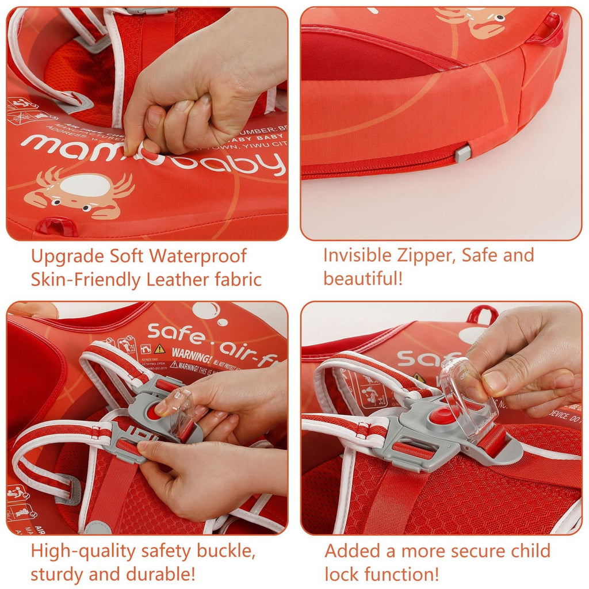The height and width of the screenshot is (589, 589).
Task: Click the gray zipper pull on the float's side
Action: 462,153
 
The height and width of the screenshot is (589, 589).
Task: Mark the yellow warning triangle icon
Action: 159,349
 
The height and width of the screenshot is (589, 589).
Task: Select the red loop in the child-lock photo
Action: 482,315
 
